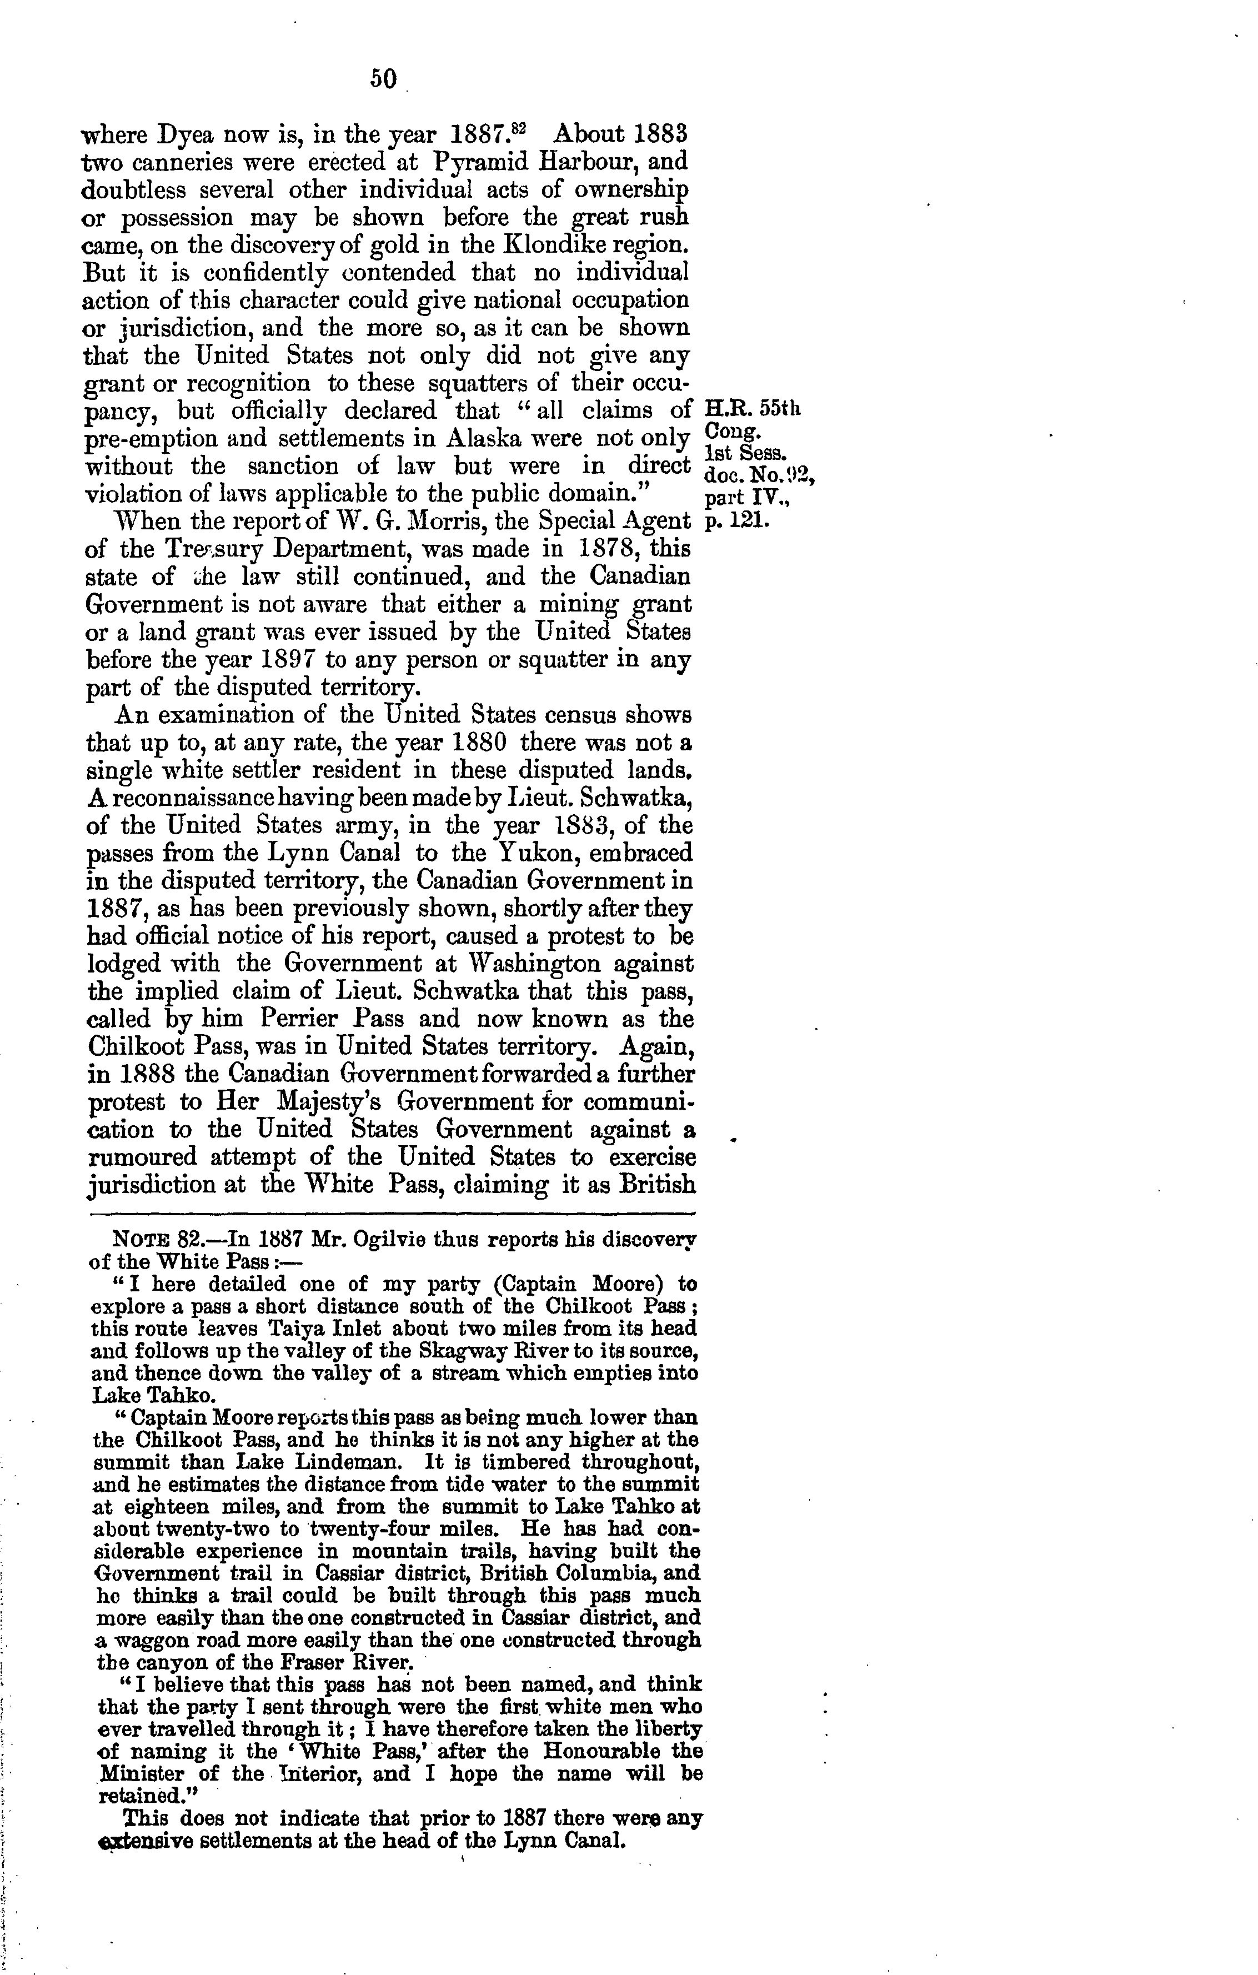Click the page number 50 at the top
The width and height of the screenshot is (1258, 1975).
383,79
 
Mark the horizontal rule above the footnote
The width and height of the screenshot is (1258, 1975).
391,1212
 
